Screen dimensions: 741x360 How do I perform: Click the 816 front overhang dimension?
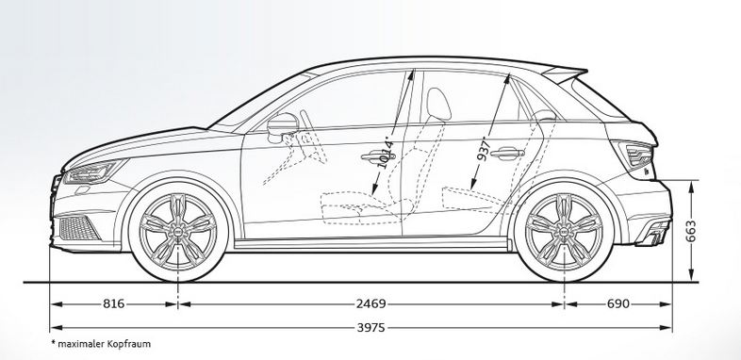(114, 303)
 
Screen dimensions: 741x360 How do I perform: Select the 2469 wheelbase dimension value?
(371, 303)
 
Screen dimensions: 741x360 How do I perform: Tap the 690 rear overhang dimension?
(618, 303)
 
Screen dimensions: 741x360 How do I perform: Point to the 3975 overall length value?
(371, 327)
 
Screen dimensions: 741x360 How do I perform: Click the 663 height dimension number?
(691, 231)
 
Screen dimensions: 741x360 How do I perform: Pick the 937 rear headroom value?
(484, 149)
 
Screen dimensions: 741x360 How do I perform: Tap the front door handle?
(378, 156)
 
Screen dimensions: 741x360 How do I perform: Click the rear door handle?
(507, 153)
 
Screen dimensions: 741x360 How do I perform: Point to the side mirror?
(282, 125)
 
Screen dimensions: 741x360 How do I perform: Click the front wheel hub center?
(178, 232)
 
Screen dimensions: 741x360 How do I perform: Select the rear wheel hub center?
(564, 232)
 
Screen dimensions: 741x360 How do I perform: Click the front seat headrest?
(438, 104)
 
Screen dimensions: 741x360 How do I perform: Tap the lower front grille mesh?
(78, 228)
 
